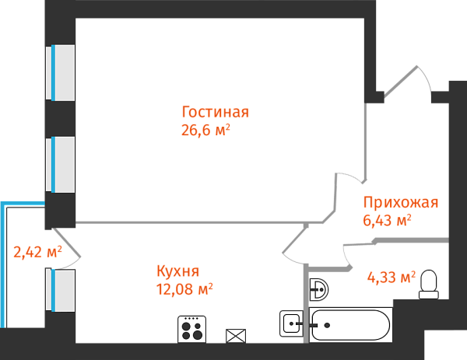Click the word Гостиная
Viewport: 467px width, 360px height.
(x=215, y=112)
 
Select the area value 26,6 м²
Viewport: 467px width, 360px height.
(x=205, y=130)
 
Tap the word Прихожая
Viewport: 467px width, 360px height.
(x=400, y=203)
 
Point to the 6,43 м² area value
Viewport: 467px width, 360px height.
(x=387, y=221)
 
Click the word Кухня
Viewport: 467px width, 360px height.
(x=177, y=271)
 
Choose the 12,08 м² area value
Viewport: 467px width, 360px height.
(x=184, y=289)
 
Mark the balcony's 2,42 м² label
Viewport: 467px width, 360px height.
(x=37, y=252)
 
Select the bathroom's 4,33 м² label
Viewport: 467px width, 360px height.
(x=391, y=277)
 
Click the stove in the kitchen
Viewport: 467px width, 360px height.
(x=191, y=329)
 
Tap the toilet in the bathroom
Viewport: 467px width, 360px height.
(x=429, y=285)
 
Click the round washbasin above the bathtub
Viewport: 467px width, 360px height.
(x=318, y=289)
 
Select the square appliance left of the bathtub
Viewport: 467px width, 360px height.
(x=291, y=323)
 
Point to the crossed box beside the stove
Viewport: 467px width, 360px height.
(x=236, y=336)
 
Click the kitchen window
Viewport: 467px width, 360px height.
(x=61, y=290)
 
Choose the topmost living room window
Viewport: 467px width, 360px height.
(x=62, y=72)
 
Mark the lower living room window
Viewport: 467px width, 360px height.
(x=62, y=164)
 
